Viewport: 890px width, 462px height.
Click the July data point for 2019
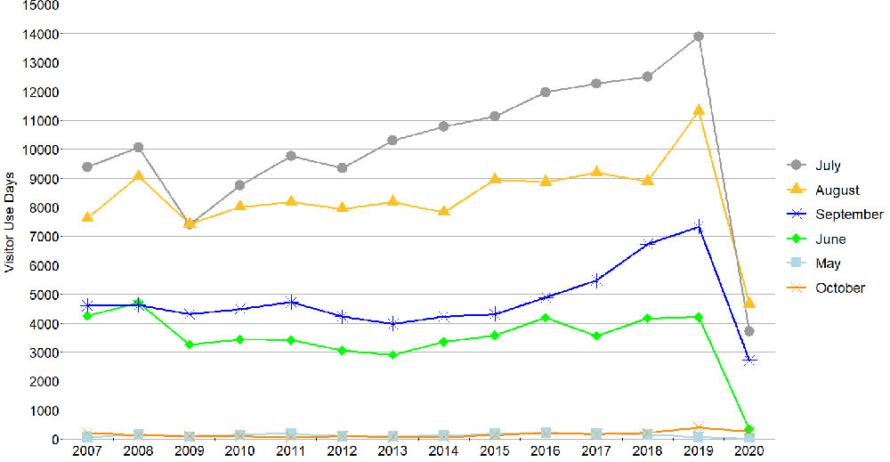tap(699, 36)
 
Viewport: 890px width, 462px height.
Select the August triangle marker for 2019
tap(699, 110)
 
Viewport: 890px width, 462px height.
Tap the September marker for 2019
tap(699, 227)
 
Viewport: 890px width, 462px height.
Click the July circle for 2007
tap(87, 166)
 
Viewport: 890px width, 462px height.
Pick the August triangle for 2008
tap(138, 175)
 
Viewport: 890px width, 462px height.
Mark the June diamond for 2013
tap(393, 354)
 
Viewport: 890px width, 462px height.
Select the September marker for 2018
tap(648, 243)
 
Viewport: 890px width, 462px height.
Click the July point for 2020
tap(749, 331)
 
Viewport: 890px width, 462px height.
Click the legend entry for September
tap(848, 215)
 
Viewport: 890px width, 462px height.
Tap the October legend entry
tap(839, 288)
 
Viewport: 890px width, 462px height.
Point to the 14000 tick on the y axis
tap(43, 34)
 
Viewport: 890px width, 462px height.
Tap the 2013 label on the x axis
tap(393, 452)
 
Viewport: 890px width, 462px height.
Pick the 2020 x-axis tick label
tap(749, 452)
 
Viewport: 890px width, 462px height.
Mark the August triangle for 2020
tap(749, 304)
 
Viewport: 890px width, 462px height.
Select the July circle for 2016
tap(546, 92)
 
